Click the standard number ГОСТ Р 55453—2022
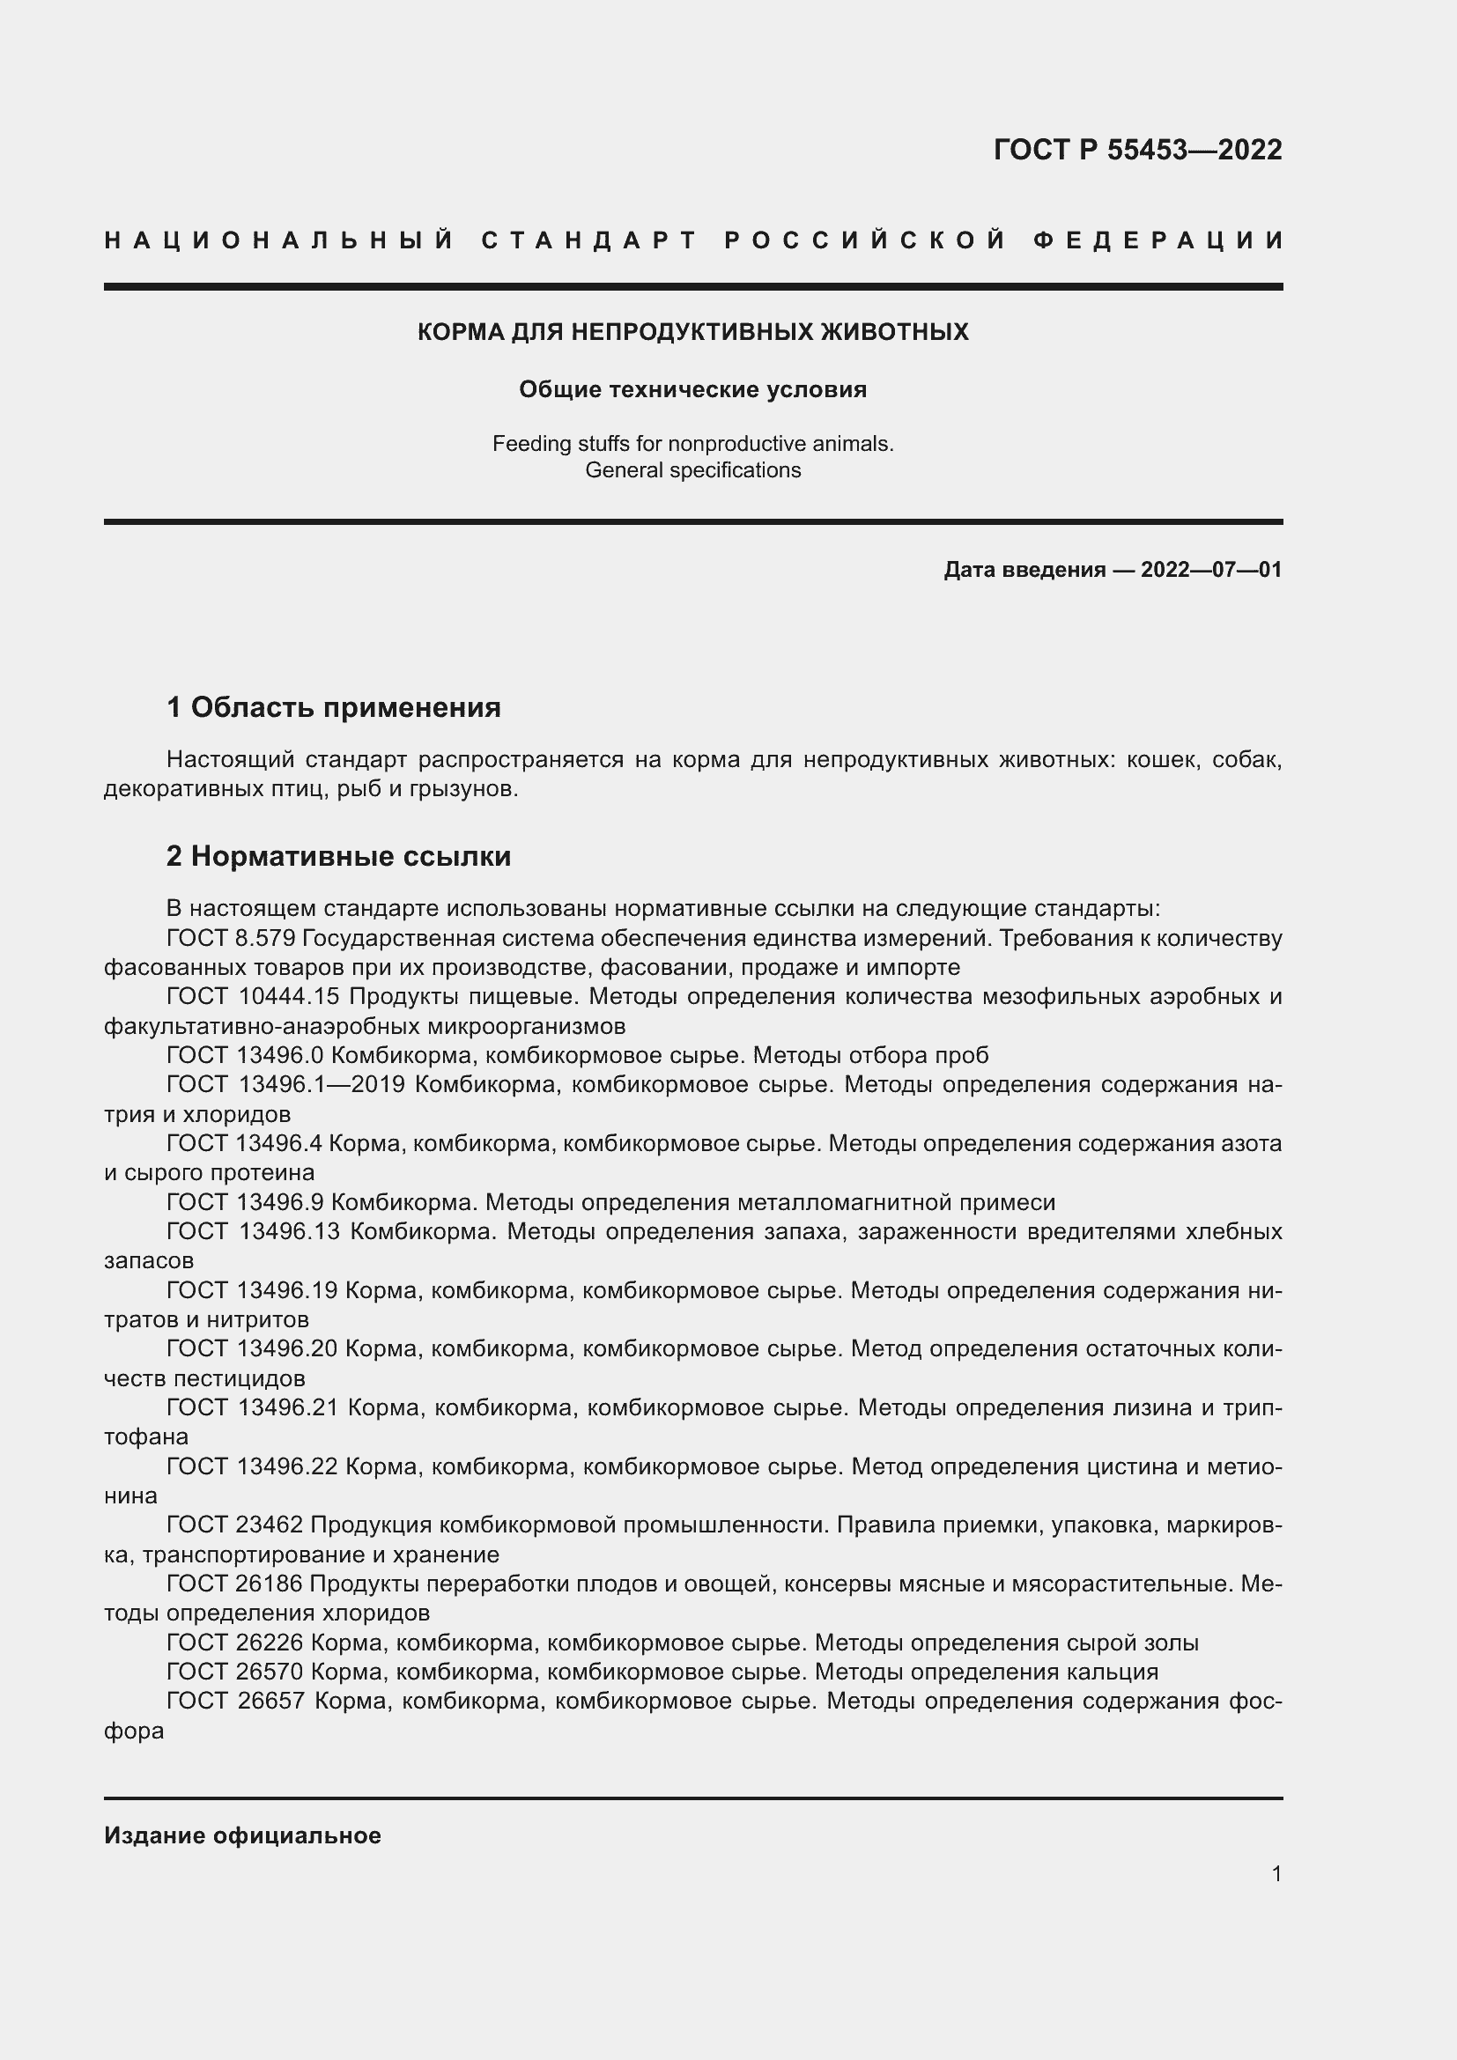pyautogui.click(x=1136, y=150)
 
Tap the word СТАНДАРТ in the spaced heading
pyautogui.click(x=588, y=240)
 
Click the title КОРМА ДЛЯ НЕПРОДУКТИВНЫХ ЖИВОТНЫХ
pyautogui.click(x=692, y=332)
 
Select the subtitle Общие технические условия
pyautogui.click(x=692, y=389)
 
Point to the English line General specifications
pyautogui.click(x=692, y=470)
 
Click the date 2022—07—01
pyautogui.click(x=1210, y=570)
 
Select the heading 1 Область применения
pyautogui.click(x=334, y=707)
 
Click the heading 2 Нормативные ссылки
pyautogui.click(x=338, y=856)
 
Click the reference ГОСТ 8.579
pyautogui.click(x=232, y=938)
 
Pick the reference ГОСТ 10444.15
pyautogui.click(x=254, y=997)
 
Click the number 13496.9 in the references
pyautogui.click(x=279, y=1202)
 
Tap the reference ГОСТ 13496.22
pyautogui.click(x=252, y=1467)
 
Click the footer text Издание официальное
pyautogui.click(x=242, y=1835)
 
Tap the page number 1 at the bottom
pyautogui.click(x=1276, y=1873)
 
